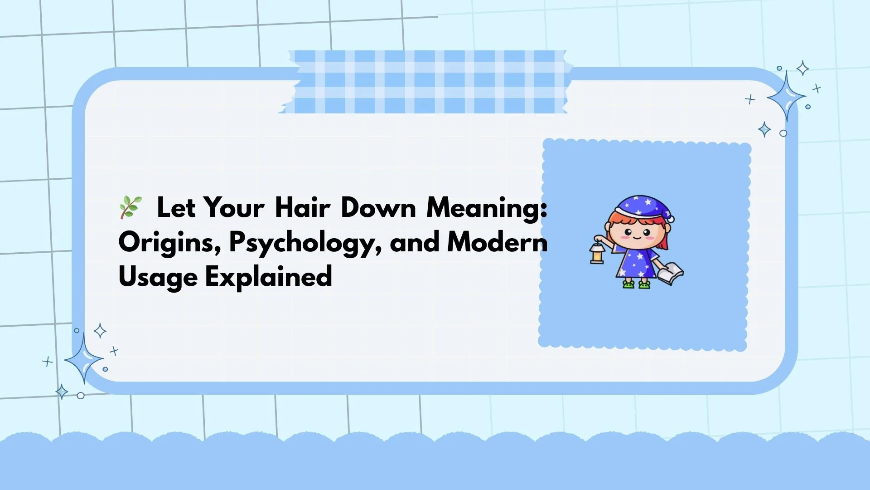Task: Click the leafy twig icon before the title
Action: click(x=130, y=207)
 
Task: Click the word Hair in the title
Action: click(x=302, y=208)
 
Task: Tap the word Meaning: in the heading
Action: click(x=487, y=209)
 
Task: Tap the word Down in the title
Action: click(x=378, y=208)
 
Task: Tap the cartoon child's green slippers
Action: click(x=636, y=284)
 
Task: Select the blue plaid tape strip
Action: click(x=426, y=82)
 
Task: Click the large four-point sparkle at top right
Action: click(x=787, y=96)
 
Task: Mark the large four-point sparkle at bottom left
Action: click(x=84, y=358)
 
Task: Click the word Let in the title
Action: click(x=176, y=208)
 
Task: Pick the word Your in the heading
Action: click(x=234, y=208)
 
